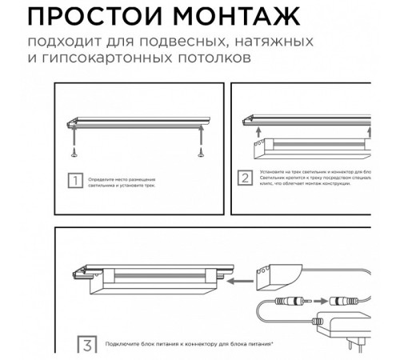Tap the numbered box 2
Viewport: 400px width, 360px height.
(x=246, y=177)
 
